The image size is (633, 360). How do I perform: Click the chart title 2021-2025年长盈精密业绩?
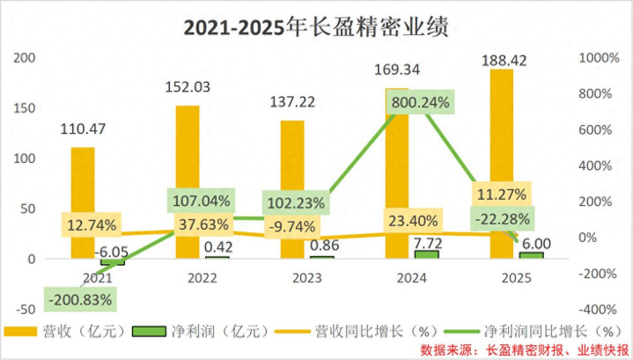point(316,26)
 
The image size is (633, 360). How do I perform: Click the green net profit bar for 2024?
point(425,254)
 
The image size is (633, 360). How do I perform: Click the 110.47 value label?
point(83,129)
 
